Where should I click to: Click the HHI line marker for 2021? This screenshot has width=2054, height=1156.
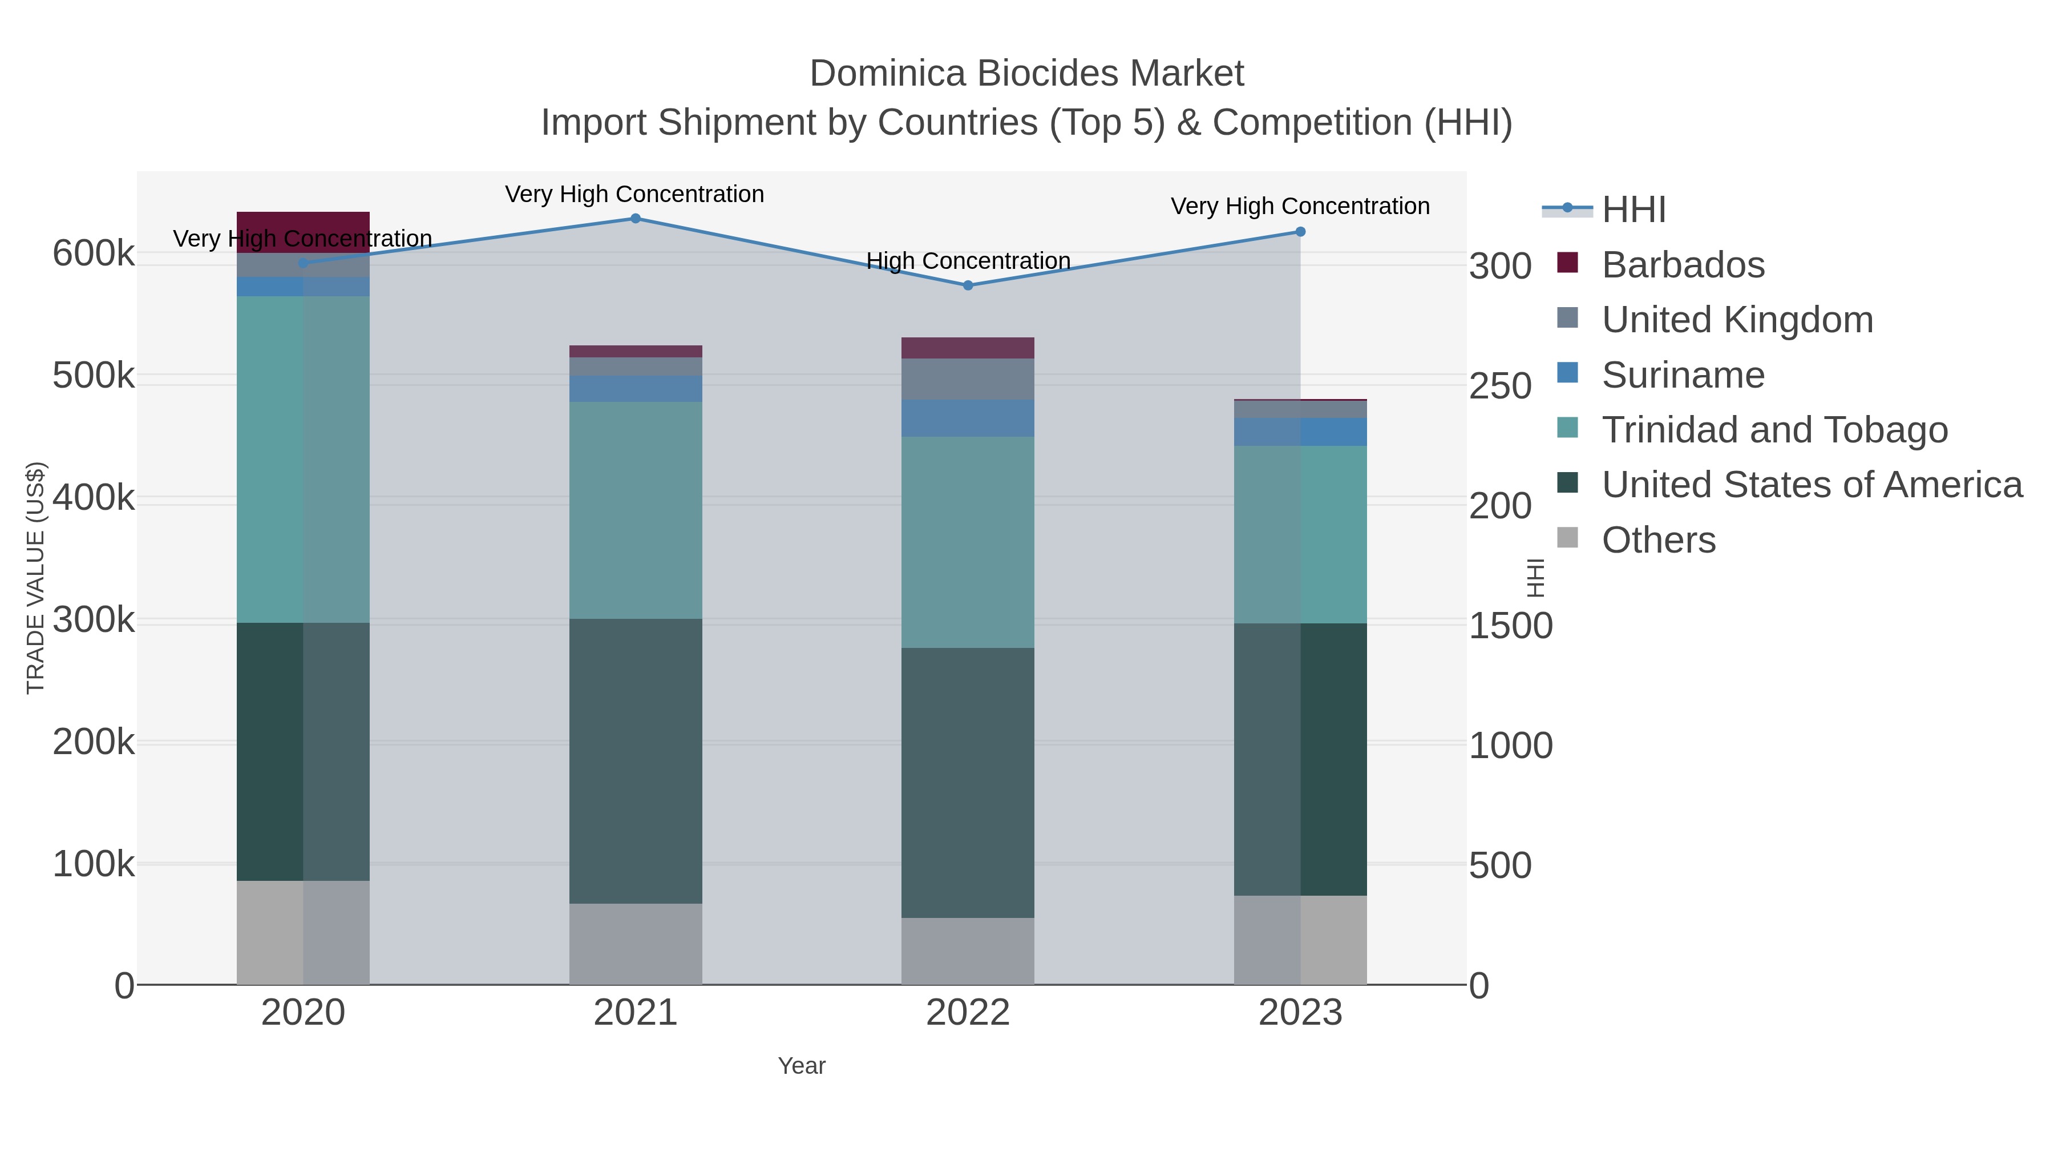pos(636,218)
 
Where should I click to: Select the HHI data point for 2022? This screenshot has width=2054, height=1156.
pos(968,285)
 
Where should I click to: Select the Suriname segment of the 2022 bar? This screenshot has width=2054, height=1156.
pos(968,418)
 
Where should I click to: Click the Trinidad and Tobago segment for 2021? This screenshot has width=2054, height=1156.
pos(636,510)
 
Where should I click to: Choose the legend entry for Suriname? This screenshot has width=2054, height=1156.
pos(1683,375)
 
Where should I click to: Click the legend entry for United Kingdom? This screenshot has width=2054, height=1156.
pos(1737,320)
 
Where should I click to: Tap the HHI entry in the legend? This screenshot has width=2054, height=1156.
pos(1633,210)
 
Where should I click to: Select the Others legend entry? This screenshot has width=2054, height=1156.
pos(1659,540)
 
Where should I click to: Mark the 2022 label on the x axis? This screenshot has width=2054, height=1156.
pos(968,1013)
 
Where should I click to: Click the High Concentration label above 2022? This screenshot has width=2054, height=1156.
pos(968,261)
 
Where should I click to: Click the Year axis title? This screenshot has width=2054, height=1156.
pos(802,1066)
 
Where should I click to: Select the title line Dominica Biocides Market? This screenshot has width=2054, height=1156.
pos(1026,74)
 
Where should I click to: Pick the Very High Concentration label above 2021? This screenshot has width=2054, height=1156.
pos(634,194)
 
